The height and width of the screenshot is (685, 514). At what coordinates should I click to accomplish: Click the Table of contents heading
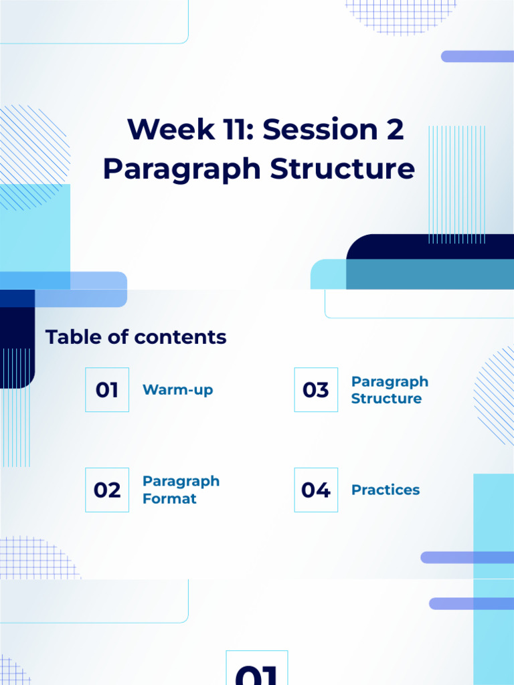point(136,337)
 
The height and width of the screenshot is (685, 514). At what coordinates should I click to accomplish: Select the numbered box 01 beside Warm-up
point(107,389)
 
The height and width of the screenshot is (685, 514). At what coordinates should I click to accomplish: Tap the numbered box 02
point(107,490)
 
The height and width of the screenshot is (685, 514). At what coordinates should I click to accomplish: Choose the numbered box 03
point(316,389)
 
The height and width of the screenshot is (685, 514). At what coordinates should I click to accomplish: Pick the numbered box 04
point(316,490)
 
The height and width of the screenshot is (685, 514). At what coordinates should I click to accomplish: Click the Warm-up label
point(178,390)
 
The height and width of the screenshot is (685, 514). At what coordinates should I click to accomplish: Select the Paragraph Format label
point(181,490)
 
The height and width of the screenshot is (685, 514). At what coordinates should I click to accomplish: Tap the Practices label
point(385,490)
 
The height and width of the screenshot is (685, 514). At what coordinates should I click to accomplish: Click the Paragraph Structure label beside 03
point(390,390)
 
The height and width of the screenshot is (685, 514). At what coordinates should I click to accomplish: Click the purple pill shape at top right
point(477,56)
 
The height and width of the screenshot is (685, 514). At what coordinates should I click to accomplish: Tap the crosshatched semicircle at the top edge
point(400,15)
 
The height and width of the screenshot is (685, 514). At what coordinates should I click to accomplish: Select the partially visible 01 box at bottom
point(257,669)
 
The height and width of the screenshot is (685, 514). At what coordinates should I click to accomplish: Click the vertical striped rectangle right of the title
point(456,184)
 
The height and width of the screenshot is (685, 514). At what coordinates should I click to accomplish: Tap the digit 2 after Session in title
point(395,129)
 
